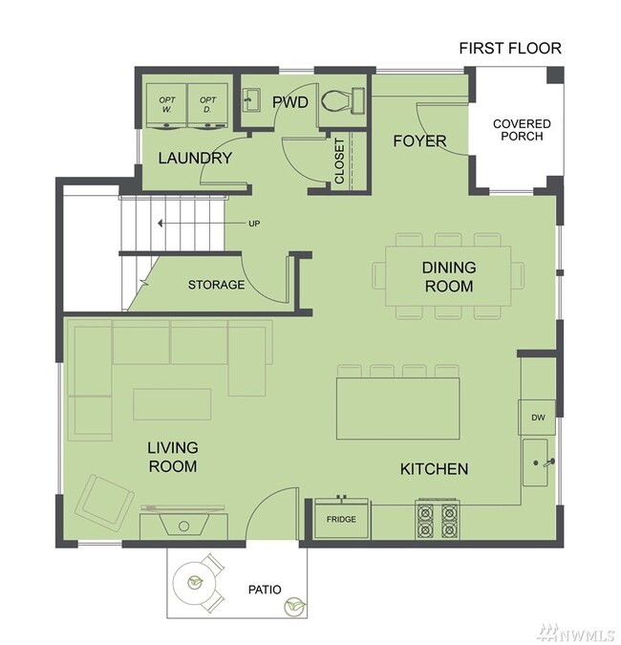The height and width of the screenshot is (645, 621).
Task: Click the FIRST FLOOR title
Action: (510, 49)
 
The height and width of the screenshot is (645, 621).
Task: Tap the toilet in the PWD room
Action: (342, 100)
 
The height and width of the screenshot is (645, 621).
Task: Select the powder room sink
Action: (251, 100)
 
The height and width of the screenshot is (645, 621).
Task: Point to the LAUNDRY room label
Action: (195, 158)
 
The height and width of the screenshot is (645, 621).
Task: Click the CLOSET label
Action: (340, 161)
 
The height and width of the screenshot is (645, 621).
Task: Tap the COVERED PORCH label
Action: (522, 130)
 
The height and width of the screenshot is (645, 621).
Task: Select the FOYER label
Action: (419, 141)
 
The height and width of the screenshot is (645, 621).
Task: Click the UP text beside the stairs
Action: (254, 224)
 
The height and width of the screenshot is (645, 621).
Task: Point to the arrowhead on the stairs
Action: (161, 224)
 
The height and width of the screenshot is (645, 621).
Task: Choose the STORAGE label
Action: (216, 285)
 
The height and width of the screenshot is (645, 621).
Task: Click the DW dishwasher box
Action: (537, 418)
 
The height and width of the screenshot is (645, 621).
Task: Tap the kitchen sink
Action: (535, 462)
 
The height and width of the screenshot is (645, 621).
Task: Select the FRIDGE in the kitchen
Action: (341, 518)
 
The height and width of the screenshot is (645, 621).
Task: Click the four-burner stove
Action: (438, 519)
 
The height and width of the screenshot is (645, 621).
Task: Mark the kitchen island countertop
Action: (398, 408)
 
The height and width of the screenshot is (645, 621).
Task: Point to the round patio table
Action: (195, 582)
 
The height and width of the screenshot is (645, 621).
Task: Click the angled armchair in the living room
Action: (105, 500)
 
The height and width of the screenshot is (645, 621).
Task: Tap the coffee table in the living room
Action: (172, 404)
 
